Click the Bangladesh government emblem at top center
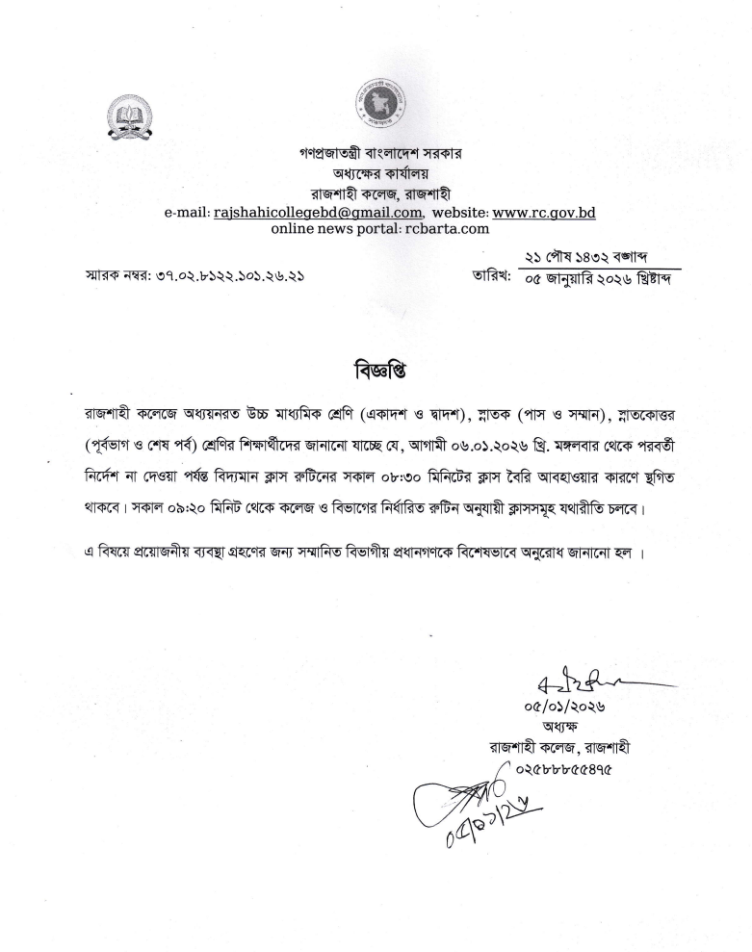coord(376,106)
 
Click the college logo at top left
coord(129,119)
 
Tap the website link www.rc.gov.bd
coord(544,212)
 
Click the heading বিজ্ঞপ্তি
coord(375,370)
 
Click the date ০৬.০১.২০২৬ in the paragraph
coord(524,444)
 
